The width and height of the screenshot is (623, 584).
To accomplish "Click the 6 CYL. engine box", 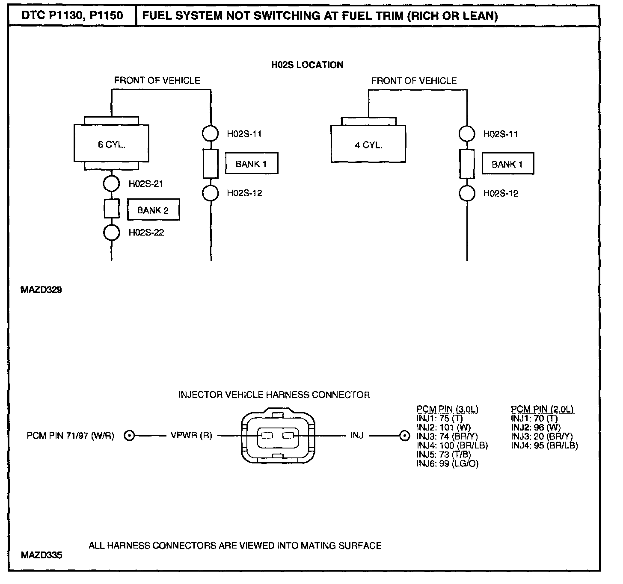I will (x=111, y=144).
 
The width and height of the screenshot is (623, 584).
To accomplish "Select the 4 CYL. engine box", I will (x=368, y=144).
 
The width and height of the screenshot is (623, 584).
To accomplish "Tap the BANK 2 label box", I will (x=153, y=210).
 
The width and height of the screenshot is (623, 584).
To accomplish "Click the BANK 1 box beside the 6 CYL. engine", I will (x=252, y=164).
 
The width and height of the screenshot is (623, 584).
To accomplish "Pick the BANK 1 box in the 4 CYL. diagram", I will (x=507, y=164).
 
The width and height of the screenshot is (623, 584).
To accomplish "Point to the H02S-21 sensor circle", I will (x=111, y=184).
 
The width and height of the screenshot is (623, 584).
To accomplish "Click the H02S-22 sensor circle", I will (x=111, y=233).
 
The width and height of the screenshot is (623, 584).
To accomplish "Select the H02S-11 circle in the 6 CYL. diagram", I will (x=211, y=133).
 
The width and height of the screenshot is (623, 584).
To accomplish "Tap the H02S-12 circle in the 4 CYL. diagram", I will (x=467, y=193).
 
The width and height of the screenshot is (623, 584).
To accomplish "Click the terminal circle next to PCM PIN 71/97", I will (x=129, y=436).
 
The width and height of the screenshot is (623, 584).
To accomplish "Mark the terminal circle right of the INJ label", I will (x=404, y=436).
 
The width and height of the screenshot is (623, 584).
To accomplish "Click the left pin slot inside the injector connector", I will (x=267, y=436).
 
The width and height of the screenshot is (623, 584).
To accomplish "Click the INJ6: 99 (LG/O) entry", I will (x=447, y=463).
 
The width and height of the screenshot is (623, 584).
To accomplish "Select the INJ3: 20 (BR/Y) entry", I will (x=542, y=437).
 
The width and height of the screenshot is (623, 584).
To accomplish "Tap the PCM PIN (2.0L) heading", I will (x=542, y=409).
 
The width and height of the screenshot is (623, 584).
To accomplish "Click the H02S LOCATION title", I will (x=307, y=65).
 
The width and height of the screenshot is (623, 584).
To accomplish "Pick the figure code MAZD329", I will (x=41, y=290).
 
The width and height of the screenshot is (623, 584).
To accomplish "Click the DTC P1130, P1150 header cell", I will (x=72, y=16).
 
